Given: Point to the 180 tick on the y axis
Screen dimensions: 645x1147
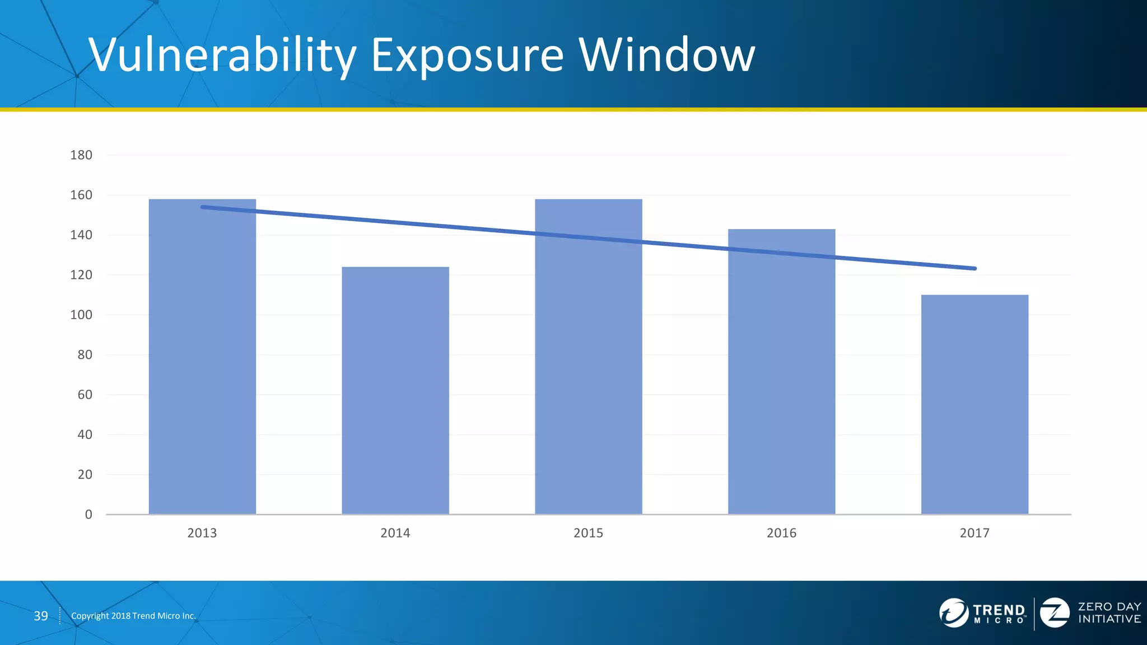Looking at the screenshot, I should coord(81,155).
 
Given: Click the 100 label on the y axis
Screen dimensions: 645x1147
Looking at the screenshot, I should coord(81,315).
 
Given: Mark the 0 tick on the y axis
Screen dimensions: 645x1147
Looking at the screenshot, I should coord(88,515).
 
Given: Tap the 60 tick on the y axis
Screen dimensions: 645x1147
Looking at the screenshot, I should coord(85,395).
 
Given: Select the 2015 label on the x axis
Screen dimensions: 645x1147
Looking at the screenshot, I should coord(588,533).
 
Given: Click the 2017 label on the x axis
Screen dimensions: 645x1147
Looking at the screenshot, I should coord(975,533).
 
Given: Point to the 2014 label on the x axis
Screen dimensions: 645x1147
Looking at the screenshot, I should coord(395,533).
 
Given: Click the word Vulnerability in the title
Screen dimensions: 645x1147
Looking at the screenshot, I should coord(222,55).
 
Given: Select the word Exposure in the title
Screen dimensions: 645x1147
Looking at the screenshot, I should coord(467,55).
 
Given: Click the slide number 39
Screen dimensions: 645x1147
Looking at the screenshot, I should coord(41,616).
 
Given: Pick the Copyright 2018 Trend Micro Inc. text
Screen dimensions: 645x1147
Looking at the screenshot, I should coord(133,616).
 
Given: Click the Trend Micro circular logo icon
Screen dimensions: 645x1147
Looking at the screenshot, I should coord(953,613).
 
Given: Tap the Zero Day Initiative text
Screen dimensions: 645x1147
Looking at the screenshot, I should coord(1109,613).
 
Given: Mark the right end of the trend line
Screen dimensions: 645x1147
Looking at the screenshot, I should coord(975,269).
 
